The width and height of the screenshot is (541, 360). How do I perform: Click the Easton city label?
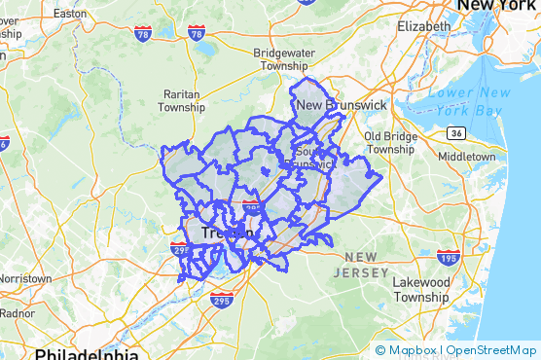[70, 14]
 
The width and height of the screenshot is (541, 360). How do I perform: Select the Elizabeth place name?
[425, 26]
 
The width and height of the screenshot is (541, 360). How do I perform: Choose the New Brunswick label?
[342, 105]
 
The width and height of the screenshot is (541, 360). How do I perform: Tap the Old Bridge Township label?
[389, 143]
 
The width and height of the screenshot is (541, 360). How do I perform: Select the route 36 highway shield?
[456, 132]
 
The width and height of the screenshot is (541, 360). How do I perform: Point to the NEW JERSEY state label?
[361, 265]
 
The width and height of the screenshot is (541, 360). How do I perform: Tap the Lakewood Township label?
[420, 289]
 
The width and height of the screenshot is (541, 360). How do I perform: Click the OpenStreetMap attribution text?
[491, 349]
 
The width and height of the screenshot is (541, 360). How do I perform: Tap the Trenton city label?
[230, 234]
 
